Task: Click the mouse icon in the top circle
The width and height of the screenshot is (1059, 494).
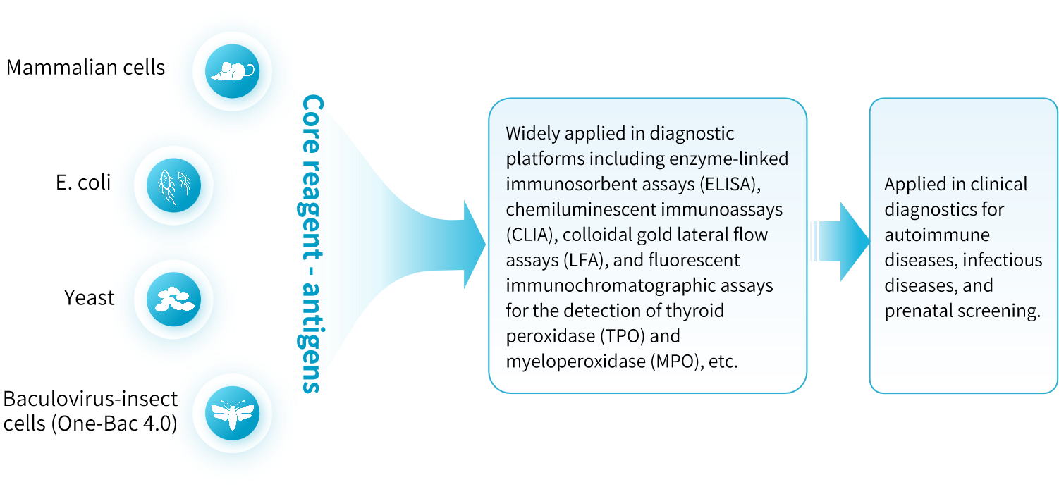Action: (232, 70)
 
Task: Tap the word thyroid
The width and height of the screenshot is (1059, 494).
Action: (697, 310)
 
